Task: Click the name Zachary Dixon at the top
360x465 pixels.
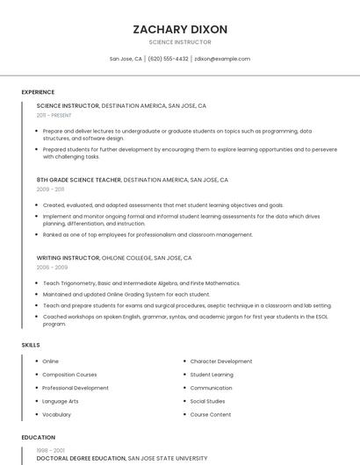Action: point(180,29)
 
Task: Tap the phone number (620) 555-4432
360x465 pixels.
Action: point(168,59)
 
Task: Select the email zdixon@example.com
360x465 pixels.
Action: point(222,59)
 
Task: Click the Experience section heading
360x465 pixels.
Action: point(38,92)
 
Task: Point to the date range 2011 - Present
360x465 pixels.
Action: point(54,115)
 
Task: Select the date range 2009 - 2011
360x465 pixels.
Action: point(50,189)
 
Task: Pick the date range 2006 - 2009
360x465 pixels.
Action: point(52,267)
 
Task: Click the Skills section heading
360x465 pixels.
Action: point(31,345)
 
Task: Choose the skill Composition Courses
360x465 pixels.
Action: point(69,375)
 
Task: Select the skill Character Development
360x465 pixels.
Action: point(221,361)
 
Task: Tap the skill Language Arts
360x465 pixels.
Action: point(61,401)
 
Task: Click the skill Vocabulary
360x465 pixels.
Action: point(57,414)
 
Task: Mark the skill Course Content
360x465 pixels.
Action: point(211,414)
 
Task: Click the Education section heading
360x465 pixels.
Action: point(39,437)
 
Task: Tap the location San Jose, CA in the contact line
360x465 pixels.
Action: point(126,59)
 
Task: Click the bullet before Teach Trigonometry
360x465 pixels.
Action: point(36,283)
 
